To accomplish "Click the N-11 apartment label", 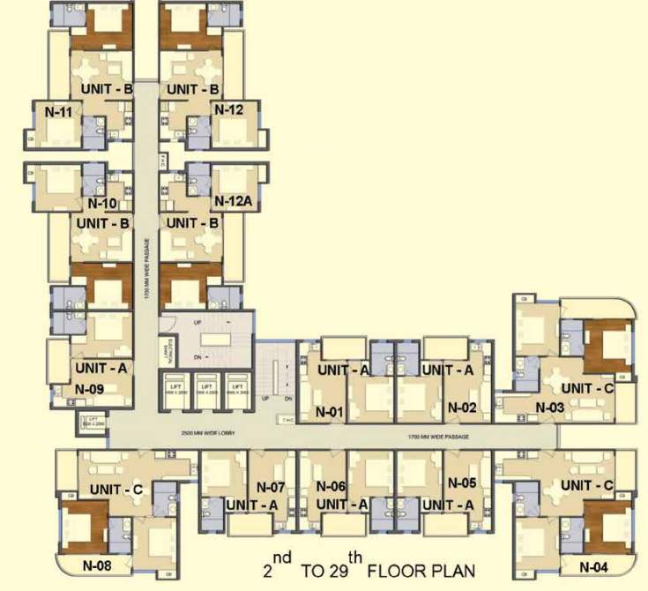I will tap(58, 112).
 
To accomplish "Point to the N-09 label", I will tap(89, 388).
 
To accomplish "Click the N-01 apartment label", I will tap(330, 410).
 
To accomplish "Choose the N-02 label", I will tap(462, 408).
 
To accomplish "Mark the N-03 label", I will tap(549, 408).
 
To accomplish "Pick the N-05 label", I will tap(462, 483).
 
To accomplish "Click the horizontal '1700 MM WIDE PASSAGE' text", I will tap(437, 437).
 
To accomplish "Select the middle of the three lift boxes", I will tap(206, 388).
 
